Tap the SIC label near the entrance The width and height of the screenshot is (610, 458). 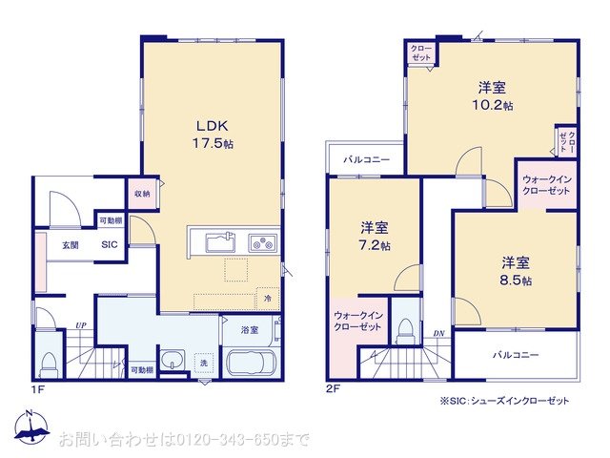(110, 243)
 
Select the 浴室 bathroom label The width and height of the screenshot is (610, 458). (249, 329)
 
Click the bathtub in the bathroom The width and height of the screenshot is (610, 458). (250, 365)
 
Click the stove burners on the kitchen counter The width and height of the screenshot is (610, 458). (261, 242)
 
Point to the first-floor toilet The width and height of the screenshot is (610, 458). (49, 364)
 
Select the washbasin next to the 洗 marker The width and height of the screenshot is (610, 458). (173, 363)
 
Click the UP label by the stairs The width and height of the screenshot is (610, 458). (81, 325)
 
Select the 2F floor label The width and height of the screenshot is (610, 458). (333, 390)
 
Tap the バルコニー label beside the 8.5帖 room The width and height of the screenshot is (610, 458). (516, 355)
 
